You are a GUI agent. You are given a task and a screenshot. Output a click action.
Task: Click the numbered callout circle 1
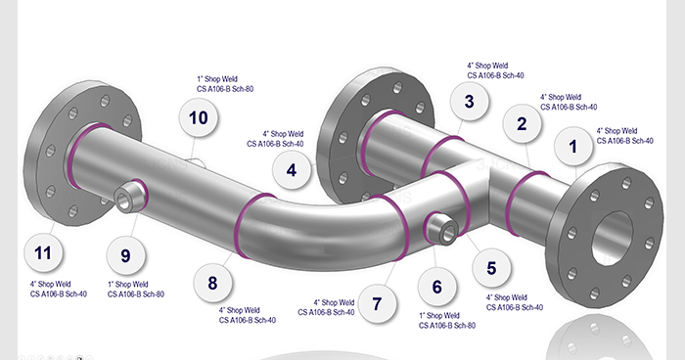[x=573, y=147]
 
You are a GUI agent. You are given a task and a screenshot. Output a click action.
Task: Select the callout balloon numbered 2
[x=522, y=123]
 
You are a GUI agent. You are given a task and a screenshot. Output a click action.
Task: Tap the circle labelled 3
[x=469, y=102]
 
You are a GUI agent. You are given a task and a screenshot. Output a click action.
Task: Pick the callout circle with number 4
[x=292, y=170]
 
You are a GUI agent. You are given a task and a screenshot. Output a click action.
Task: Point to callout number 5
[x=491, y=268]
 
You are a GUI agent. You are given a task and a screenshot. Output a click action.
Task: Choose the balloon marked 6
[x=436, y=287]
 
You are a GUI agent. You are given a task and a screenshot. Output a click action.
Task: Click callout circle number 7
[x=377, y=303]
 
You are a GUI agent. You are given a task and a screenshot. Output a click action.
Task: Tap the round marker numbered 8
[x=212, y=283]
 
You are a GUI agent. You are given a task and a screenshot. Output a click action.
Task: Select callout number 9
[x=125, y=255]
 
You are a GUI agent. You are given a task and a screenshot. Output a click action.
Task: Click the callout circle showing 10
[x=199, y=117]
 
